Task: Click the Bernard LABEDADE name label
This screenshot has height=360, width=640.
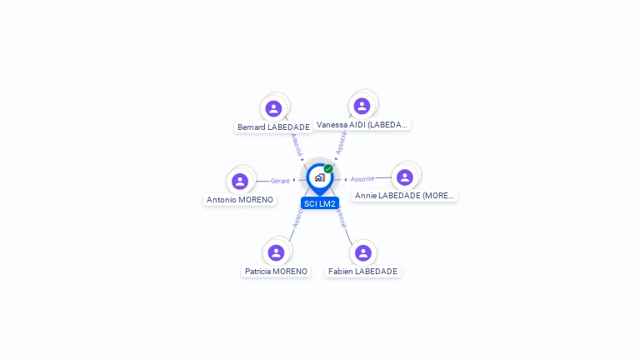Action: (x=273, y=127)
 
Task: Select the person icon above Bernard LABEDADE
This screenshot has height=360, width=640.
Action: (x=273, y=108)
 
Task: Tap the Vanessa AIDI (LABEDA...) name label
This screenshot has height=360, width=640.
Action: (x=362, y=125)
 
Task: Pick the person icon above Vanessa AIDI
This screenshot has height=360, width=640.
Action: (x=362, y=106)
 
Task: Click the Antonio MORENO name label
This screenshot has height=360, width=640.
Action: (x=240, y=200)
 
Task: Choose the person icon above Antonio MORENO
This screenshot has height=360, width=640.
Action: (x=240, y=181)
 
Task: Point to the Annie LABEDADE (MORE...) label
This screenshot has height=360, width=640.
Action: (x=404, y=196)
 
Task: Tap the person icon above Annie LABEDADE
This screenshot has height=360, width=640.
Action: (x=405, y=177)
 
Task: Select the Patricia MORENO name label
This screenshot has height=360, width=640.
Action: (x=276, y=272)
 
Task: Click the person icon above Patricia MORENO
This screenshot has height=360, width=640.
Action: (x=276, y=252)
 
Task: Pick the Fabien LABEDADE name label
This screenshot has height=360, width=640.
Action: (x=362, y=272)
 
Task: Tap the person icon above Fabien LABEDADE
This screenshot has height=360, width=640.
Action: (x=362, y=252)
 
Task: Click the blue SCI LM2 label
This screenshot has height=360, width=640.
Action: (x=320, y=203)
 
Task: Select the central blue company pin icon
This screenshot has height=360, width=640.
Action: (x=319, y=177)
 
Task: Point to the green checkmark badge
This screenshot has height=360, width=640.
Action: (x=328, y=168)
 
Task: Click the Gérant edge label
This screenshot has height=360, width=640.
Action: (x=280, y=181)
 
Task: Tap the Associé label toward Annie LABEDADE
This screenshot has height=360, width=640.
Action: (x=362, y=179)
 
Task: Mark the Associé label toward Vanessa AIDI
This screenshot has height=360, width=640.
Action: (x=341, y=142)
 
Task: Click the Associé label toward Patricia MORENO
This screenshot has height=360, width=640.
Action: (x=297, y=217)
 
